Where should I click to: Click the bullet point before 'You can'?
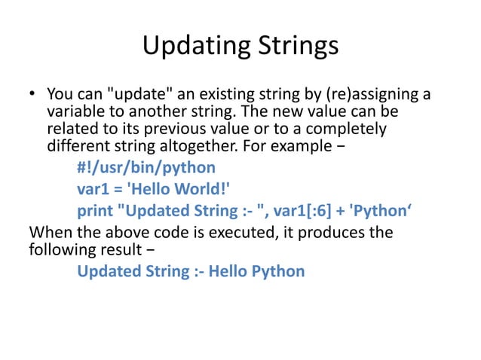(32, 96)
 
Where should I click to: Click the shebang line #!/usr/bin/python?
(146, 167)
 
